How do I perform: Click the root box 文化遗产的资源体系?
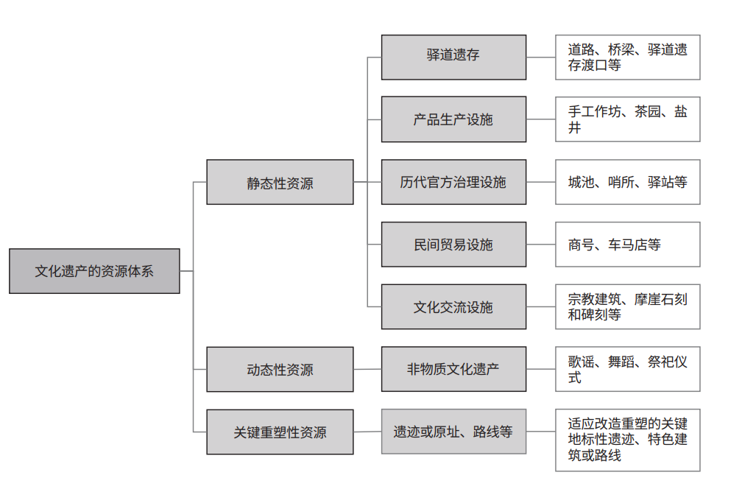click(x=94, y=271)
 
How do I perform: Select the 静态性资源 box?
click(x=280, y=182)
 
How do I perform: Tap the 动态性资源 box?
click(x=280, y=369)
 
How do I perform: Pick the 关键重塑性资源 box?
click(x=280, y=432)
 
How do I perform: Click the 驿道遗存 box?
click(x=453, y=57)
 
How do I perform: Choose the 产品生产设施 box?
click(x=453, y=119)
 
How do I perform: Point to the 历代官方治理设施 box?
click(x=453, y=182)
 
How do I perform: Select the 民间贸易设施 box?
click(x=453, y=245)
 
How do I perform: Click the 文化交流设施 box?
click(x=453, y=306)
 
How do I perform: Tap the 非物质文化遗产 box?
click(x=453, y=369)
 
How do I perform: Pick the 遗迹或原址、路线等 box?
click(x=453, y=432)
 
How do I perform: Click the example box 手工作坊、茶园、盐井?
click(x=627, y=119)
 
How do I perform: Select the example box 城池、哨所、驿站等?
click(x=627, y=182)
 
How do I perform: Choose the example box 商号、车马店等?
click(x=627, y=245)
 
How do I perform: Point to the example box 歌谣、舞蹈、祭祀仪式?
click(x=627, y=369)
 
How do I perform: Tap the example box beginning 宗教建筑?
click(x=627, y=306)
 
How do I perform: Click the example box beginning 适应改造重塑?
click(x=627, y=440)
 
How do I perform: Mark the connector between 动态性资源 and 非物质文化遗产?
click(x=367, y=369)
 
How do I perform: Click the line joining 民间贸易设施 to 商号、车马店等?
click(x=540, y=245)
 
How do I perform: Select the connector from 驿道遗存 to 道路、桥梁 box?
click(x=540, y=57)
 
